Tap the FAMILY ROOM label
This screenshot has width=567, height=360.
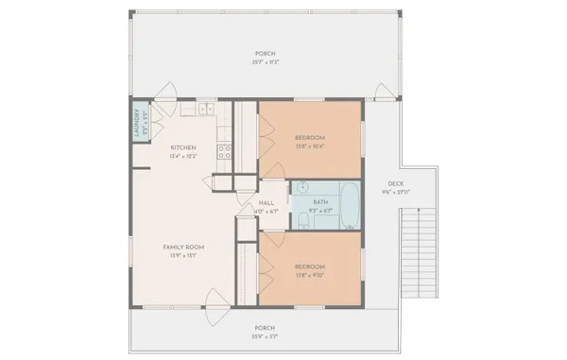(x=183, y=248)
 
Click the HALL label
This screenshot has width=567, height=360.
(x=266, y=203)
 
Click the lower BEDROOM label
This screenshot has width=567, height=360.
(x=310, y=266)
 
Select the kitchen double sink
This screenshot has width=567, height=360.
(x=204, y=111)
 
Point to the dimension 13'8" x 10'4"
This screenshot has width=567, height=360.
(x=310, y=146)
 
